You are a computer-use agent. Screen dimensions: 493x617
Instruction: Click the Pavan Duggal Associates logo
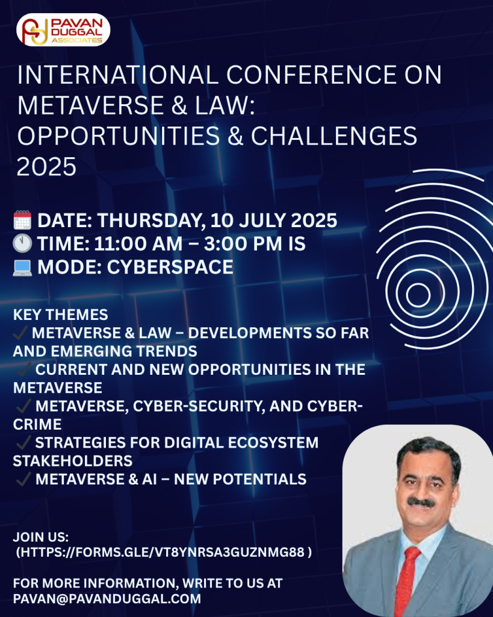63,30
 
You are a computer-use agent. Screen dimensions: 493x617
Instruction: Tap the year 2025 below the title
46,166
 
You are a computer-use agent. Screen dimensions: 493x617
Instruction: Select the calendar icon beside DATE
22,220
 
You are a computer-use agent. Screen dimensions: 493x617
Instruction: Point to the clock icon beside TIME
22,243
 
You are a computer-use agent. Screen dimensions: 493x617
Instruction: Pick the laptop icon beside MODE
22,268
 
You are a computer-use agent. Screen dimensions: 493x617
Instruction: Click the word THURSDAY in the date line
151,221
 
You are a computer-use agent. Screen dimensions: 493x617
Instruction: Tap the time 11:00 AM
138,244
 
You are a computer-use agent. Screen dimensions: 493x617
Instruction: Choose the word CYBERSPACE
170,267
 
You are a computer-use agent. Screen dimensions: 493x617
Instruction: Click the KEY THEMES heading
61,315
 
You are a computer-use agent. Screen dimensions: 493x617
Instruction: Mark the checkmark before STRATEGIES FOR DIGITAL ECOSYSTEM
23,442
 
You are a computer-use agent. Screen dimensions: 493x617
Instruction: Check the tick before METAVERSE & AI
23,479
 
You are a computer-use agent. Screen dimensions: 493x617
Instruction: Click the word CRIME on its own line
37,424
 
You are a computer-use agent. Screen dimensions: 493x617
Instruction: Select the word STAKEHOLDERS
73,461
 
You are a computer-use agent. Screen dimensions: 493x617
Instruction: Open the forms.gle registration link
164,552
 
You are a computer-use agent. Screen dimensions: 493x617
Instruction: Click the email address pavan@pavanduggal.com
107,598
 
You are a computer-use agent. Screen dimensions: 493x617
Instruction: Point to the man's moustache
421,502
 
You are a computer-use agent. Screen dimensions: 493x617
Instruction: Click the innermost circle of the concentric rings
418,295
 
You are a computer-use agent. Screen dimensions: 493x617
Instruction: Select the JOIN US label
41,537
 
